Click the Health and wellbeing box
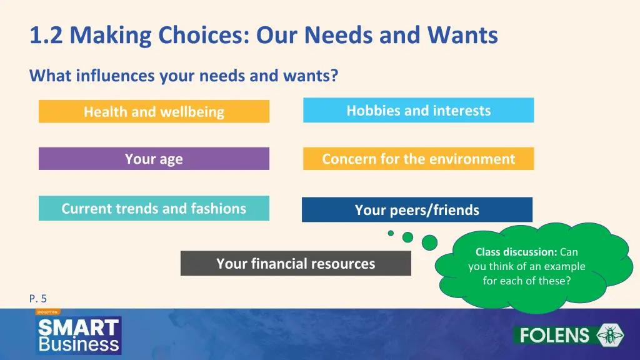point(154,112)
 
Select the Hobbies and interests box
point(418,111)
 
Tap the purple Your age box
point(154,159)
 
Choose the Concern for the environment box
point(418,159)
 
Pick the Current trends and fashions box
point(154,208)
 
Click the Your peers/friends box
point(417,210)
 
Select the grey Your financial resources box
point(296,263)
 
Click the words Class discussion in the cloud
point(516,252)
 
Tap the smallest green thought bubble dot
point(391,233)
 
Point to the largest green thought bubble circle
point(429,242)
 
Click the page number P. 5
point(38,299)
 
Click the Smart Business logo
point(78,334)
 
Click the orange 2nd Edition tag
point(47,311)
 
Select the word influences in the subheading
point(115,76)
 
